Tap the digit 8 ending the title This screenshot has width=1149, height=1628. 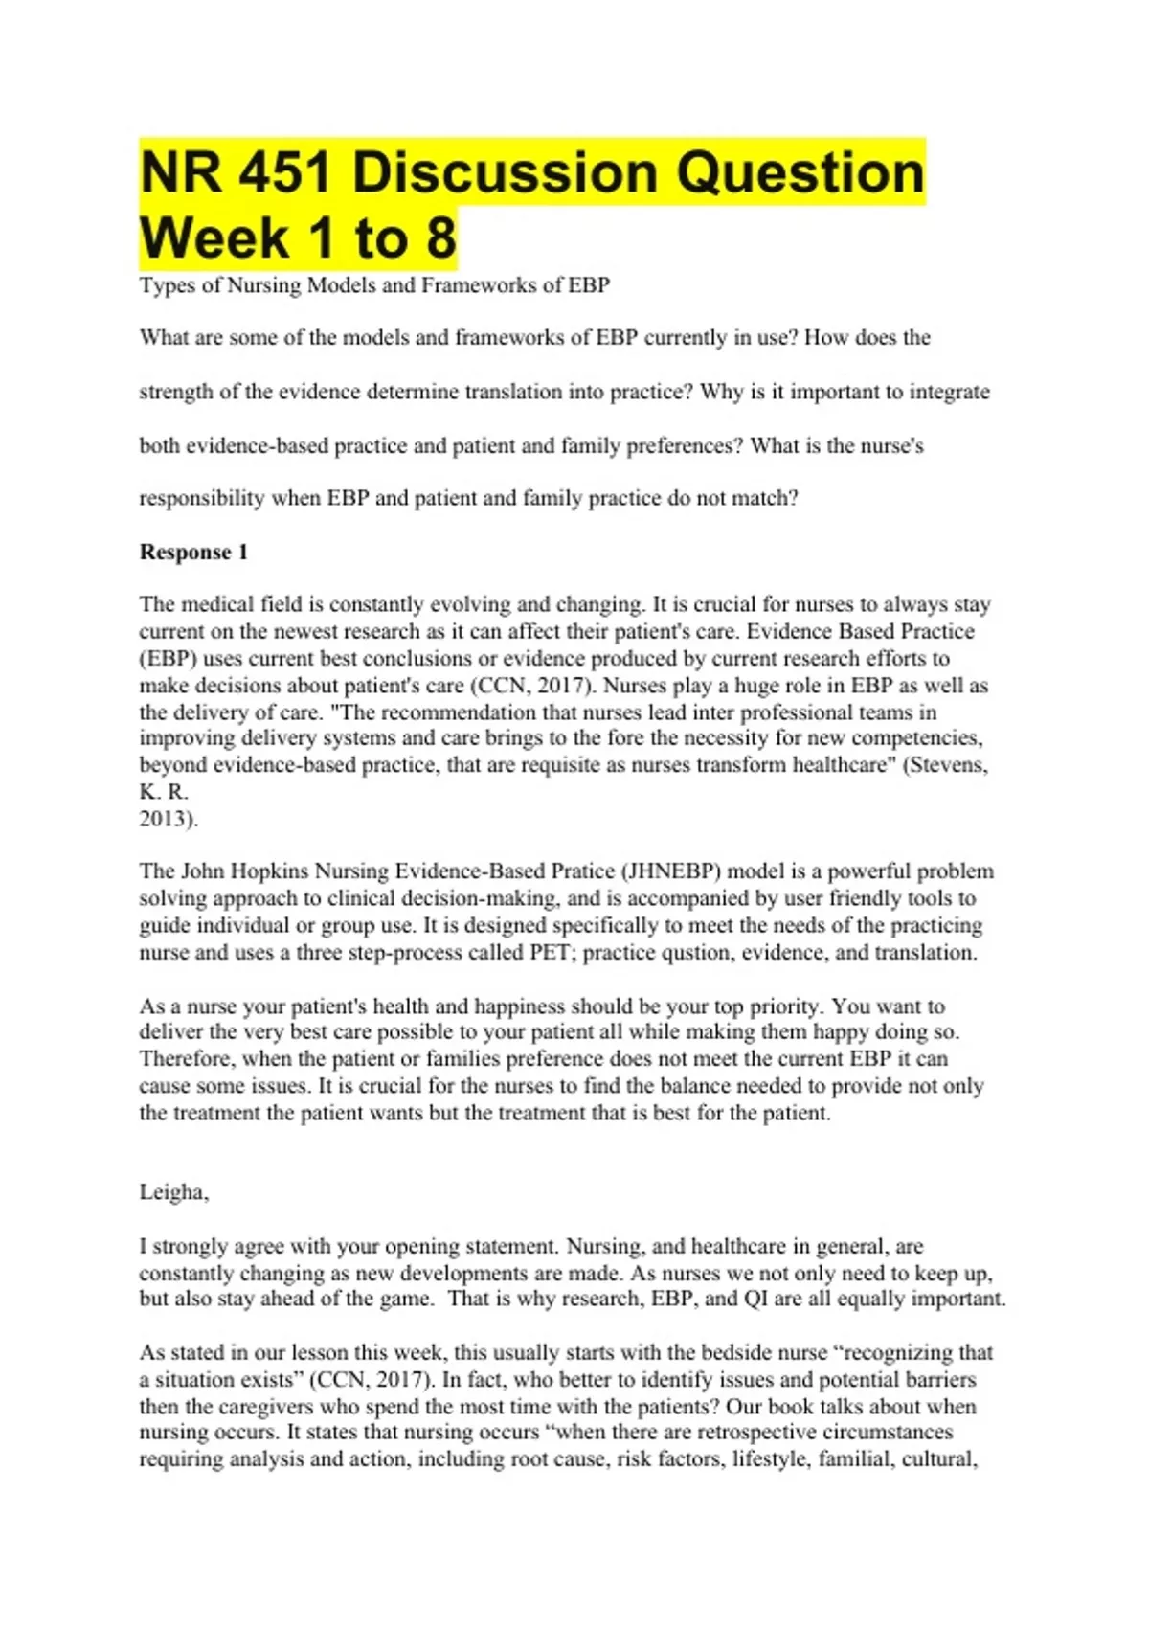pos(441,238)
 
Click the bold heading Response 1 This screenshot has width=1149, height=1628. pos(193,552)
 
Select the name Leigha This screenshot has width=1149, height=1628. pos(173,1192)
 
